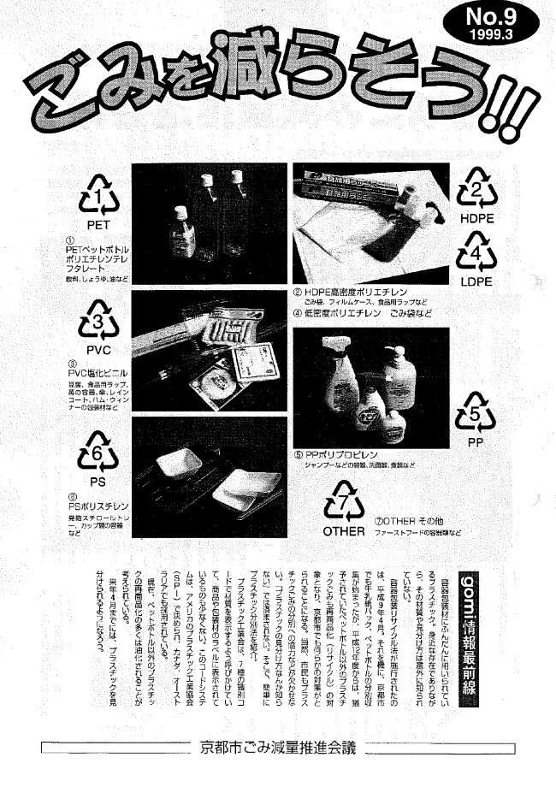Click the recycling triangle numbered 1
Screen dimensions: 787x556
[x=100, y=198]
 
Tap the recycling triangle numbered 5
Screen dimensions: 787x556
[x=476, y=416]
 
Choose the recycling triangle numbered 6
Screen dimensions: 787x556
[x=98, y=455]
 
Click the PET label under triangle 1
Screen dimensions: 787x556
[x=99, y=224]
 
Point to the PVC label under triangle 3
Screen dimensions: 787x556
[x=97, y=351]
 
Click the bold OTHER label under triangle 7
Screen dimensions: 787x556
[x=344, y=531]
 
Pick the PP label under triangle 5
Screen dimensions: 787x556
[x=476, y=443]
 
